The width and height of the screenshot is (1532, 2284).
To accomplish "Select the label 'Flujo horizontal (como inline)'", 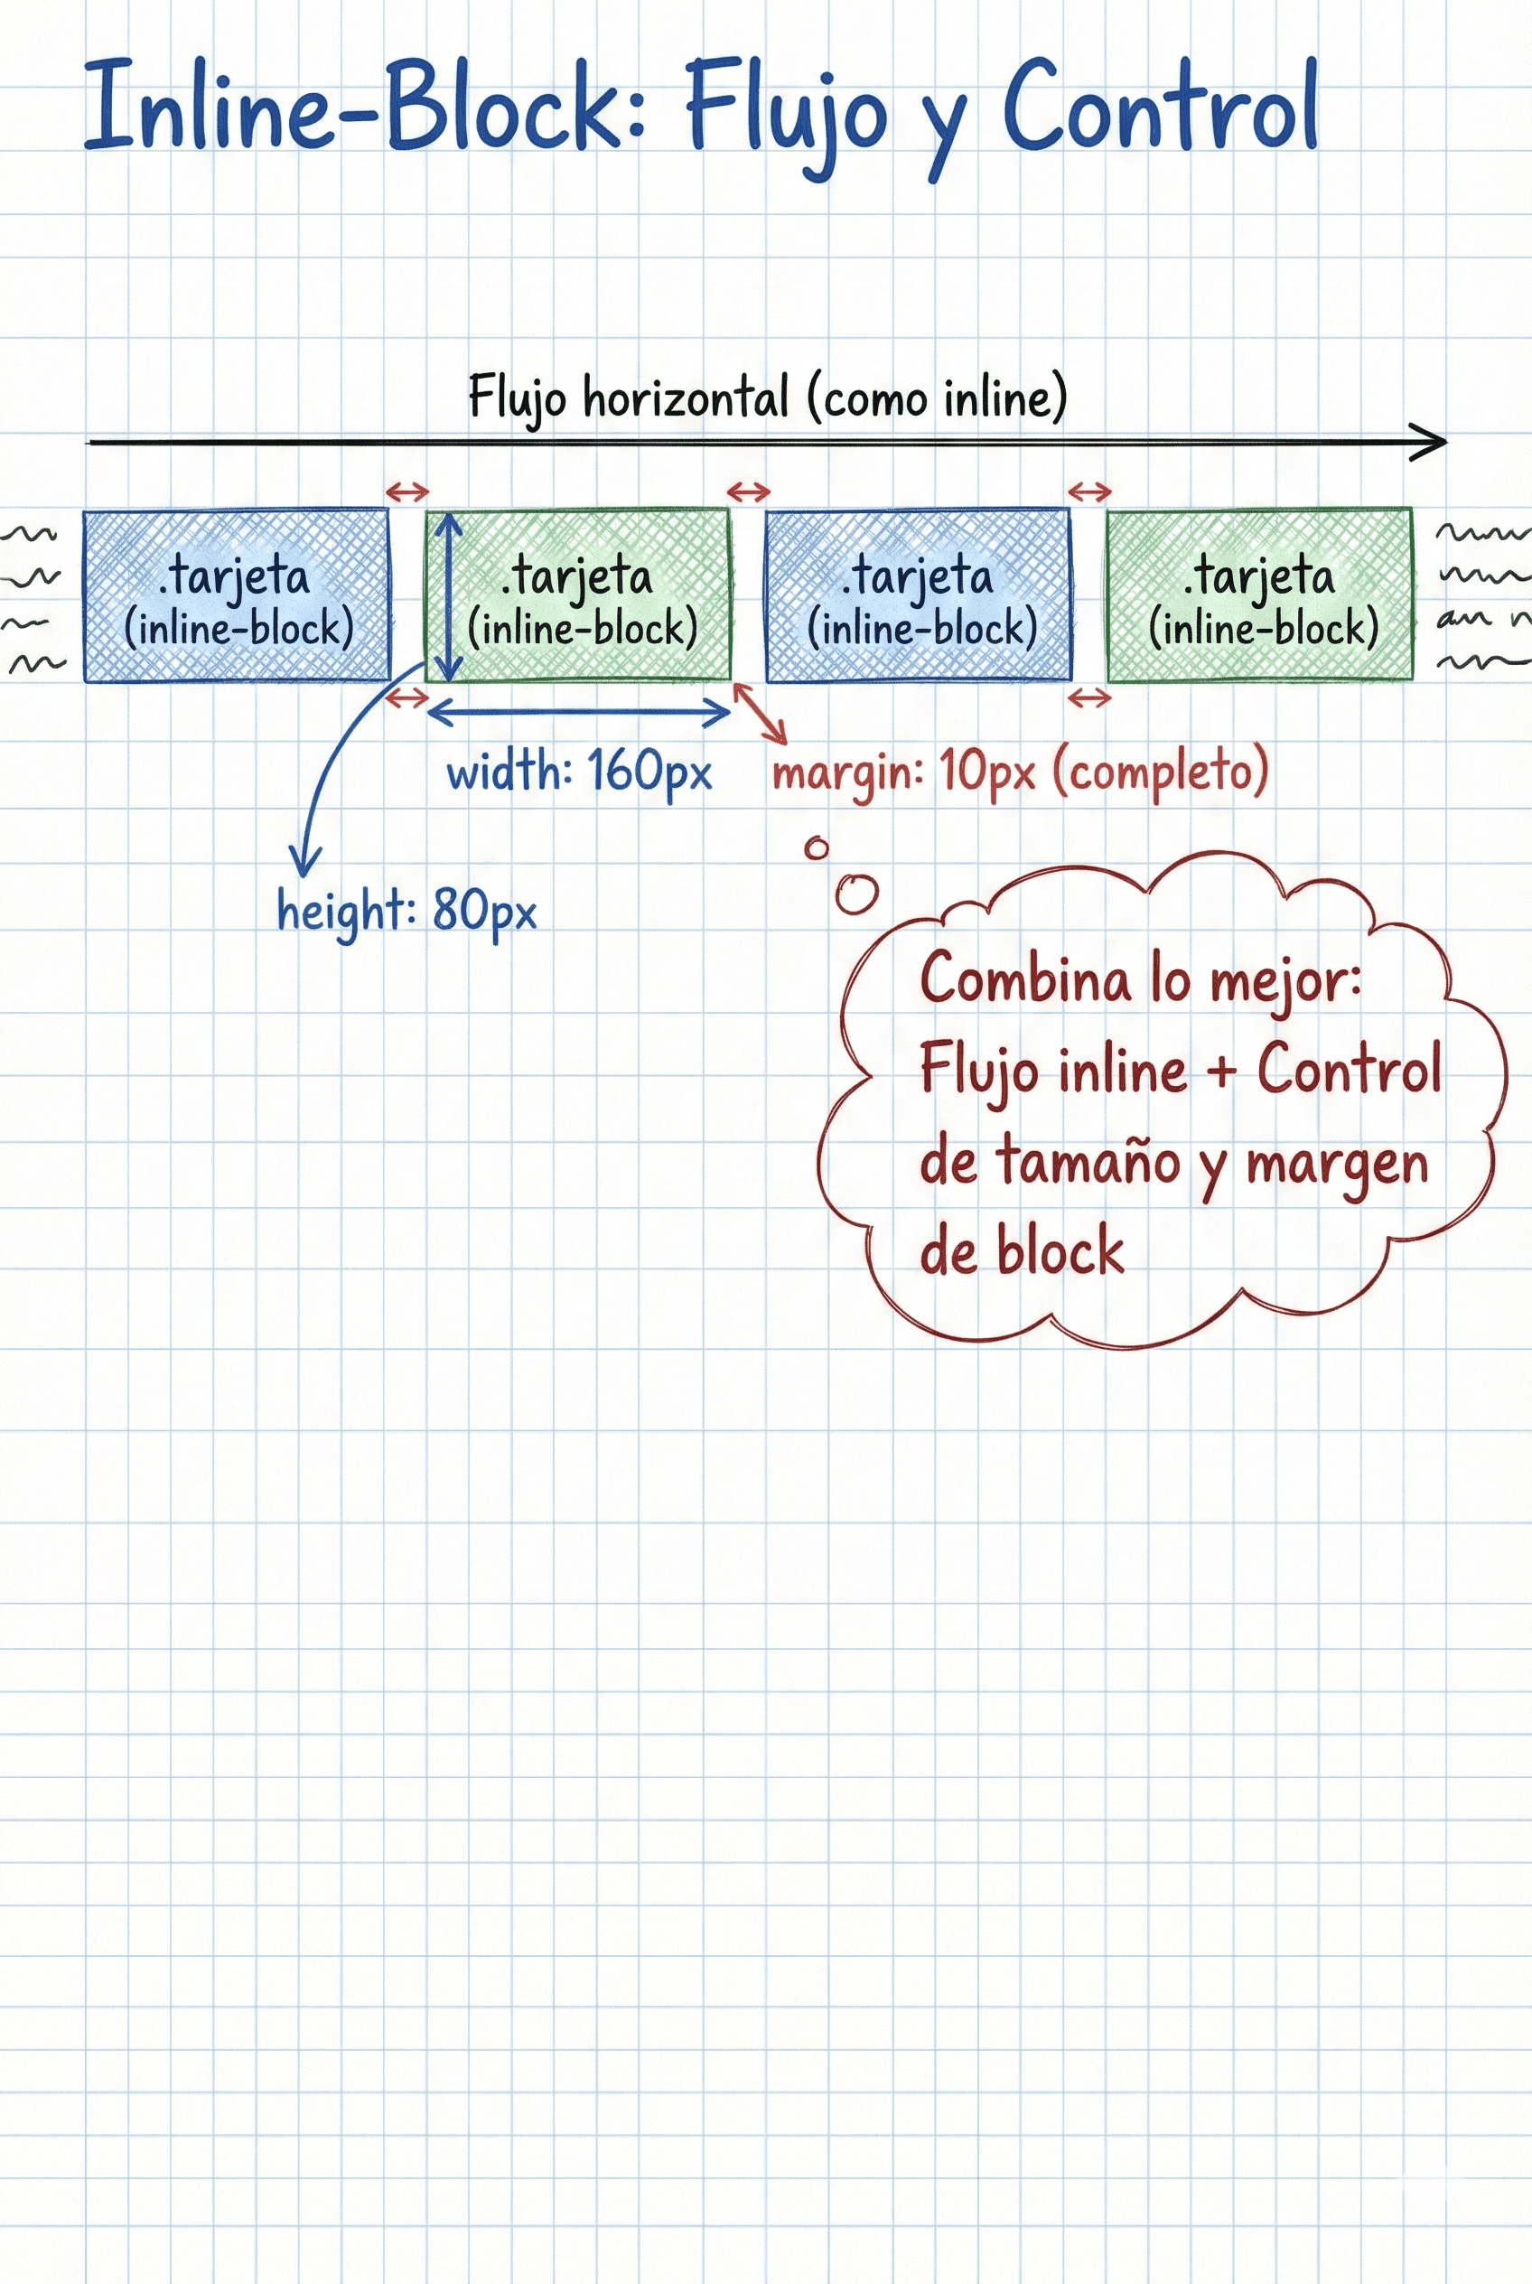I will click(x=767, y=397).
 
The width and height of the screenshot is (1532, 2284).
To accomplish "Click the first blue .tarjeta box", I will click(x=237, y=595).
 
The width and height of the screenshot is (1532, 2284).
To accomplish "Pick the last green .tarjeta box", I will click(x=1259, y=595).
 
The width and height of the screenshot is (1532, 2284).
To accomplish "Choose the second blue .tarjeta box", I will click(x=918, y=595).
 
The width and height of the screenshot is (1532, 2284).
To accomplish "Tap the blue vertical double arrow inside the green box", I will click(x=448, y=597).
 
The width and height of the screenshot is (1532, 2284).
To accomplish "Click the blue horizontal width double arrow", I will click(x=578, y=714).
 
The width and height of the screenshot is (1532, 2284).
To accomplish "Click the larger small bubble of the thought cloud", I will click(x=857, y=893).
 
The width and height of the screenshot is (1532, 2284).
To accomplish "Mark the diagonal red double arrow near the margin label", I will click(x=761, y=713).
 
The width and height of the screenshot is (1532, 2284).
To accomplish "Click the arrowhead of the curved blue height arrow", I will click(x=304, y=865).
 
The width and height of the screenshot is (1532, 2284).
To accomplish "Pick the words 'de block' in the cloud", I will click(x=1021, y=1252).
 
